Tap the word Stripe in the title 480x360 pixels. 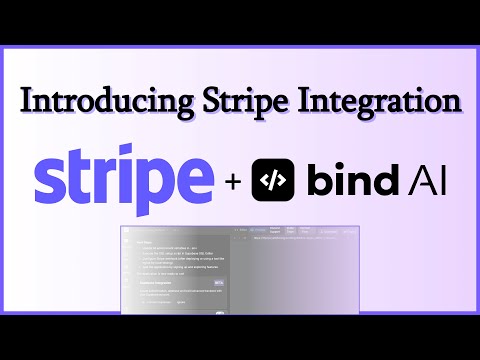233,101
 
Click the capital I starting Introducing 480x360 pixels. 27,101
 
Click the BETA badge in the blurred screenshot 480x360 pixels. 219,283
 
